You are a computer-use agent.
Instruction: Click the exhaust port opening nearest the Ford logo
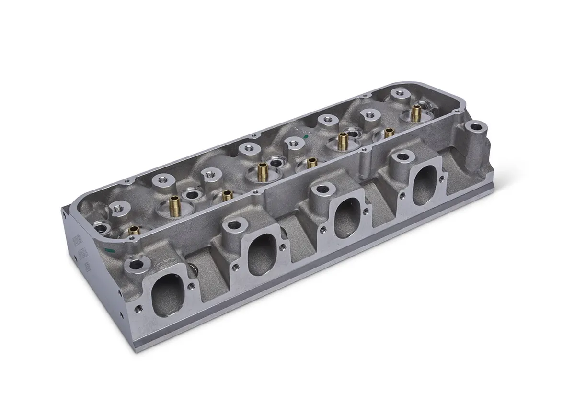point(167,290)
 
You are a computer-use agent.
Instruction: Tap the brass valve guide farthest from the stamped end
point(415,113)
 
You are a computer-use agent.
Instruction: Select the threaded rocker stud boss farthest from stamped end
point(397,93)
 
